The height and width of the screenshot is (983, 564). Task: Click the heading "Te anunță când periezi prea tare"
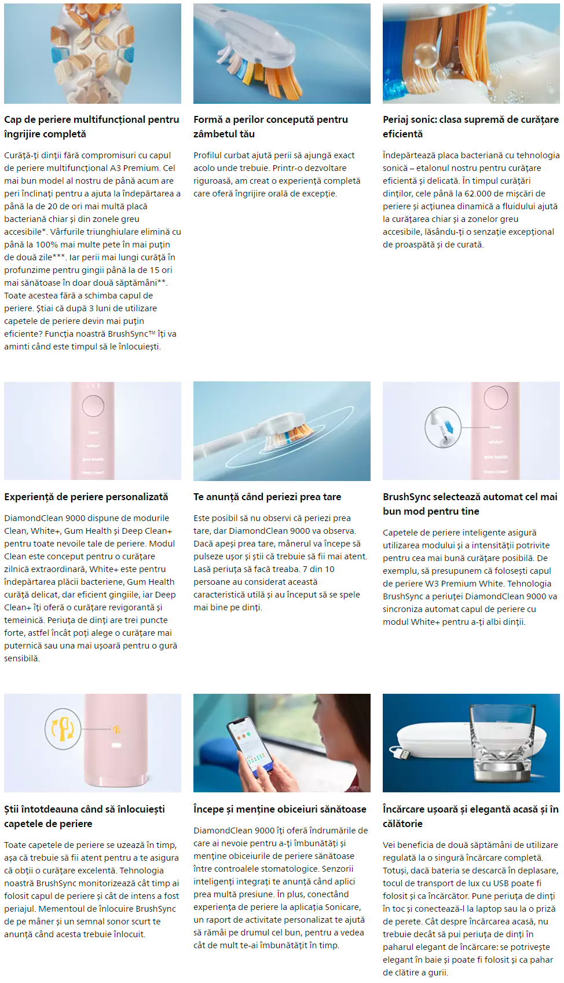tap(267, 497)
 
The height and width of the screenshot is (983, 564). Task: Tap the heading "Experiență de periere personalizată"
tap(86, 497)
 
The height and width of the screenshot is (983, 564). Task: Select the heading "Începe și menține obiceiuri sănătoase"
tap(280, 809)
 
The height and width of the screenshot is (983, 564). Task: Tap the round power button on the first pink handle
tap(93, 406)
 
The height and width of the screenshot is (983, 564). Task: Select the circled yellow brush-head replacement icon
tap(63, 729)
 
